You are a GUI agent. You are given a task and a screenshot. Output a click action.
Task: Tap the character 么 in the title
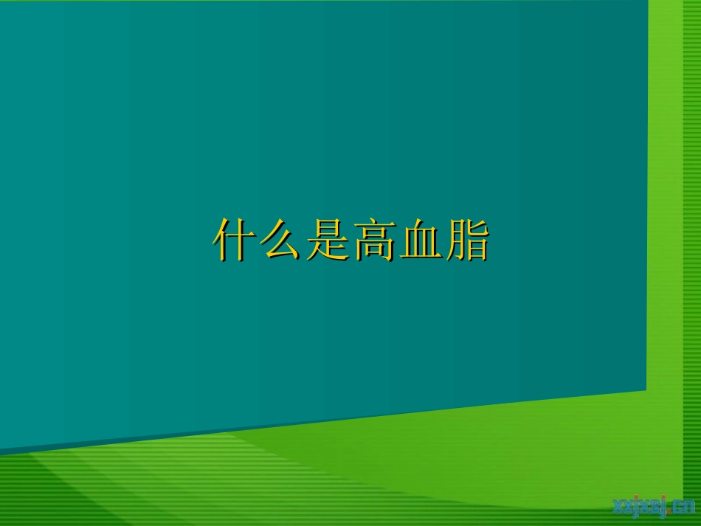coord(280,240)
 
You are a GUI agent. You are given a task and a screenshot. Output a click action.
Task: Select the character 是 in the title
coord(327,240)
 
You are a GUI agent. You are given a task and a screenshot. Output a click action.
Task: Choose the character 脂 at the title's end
coord(467,240)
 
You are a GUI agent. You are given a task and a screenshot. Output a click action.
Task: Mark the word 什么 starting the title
coord(258,240)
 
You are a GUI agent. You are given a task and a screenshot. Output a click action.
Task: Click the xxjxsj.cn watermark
coord(654,507)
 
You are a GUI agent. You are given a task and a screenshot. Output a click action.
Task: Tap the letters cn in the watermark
coord(683,507)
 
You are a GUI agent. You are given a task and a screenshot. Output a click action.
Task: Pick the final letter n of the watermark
coord(689,507)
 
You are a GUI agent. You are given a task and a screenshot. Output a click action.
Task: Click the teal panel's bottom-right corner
coord(646,389)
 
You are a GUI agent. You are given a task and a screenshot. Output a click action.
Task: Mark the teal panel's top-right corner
coord(648,2)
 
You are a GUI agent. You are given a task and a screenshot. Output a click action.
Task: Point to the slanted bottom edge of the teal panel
coord(325,421)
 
